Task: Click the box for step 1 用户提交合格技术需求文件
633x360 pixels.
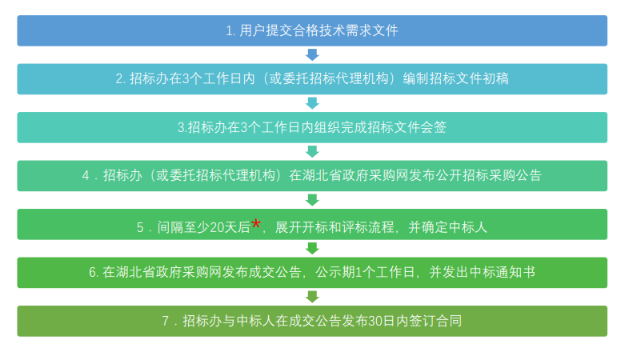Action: (312, 30)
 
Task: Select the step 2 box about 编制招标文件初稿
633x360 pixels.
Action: (312, 79)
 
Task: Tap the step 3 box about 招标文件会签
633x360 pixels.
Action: (312, 127)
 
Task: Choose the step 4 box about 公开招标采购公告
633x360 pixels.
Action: (312, 176)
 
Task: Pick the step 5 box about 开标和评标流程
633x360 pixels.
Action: (312, 224)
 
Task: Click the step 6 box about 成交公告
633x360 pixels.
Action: (312, 273)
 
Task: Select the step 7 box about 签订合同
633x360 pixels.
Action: (312, 322)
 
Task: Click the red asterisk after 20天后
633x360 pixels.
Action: (256, 223)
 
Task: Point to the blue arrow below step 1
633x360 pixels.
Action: (312, 55)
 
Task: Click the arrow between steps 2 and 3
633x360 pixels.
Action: (312, 103)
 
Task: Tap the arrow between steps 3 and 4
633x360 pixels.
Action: (312, 152)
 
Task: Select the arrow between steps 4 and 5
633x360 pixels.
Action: (312, 200)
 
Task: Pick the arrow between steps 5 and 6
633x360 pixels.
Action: (312, 249)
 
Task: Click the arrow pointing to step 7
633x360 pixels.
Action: (312, 297)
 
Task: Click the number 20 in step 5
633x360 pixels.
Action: (217, 228)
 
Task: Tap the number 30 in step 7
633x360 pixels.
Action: (375, 322)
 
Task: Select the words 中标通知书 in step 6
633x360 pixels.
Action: (503, 273)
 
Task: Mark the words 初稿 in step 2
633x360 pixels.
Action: (495, 78)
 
